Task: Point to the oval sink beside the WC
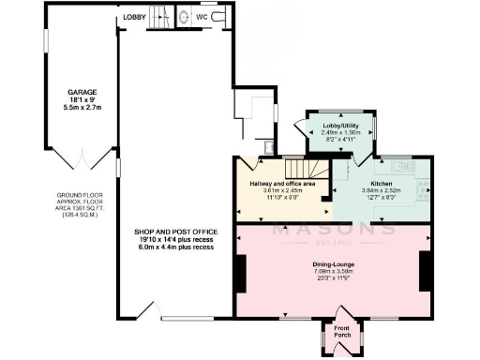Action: point(185,16)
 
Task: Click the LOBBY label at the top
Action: point(133,17)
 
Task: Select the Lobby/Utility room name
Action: point(339,126)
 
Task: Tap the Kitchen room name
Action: point(381,184)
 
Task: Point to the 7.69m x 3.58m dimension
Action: point(335,272)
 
